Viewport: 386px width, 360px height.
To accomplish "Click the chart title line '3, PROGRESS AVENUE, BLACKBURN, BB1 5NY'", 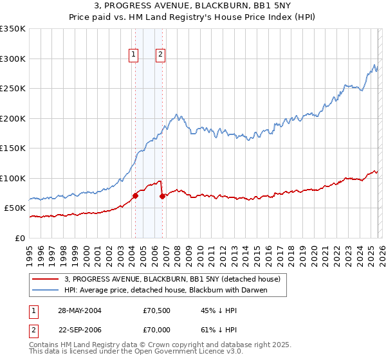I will coord(193,6).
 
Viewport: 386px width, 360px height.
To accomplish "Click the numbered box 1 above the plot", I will coord(134,55).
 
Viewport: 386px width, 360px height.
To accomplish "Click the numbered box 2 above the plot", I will coord(160,55).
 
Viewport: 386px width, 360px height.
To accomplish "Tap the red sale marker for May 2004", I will coord(135,195).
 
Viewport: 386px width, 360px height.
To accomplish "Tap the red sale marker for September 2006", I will coord(162,196).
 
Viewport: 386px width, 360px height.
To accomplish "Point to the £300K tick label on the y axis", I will coord(13,59).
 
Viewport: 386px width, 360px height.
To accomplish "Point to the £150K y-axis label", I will coord(13,148).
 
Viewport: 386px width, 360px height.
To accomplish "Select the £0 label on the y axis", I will coord(21,238).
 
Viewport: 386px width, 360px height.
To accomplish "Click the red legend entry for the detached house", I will coord(172,279).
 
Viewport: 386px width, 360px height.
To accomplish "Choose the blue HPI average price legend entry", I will coord(165,290).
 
